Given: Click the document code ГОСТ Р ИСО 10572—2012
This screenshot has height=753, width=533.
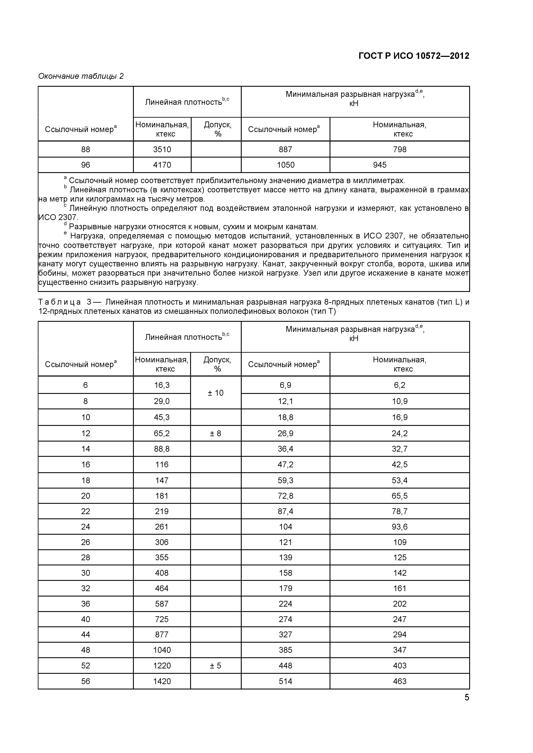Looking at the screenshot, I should pyautogui.click(x=414, y=56).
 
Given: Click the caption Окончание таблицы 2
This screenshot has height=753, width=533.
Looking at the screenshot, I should pyautogui.click(x=81, y=76).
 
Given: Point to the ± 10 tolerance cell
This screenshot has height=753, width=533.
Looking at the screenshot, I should pyautogui.click(x=216, y=393).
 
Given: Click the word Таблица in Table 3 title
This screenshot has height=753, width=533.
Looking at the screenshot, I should pyautogui.click(x=60, y=302).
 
